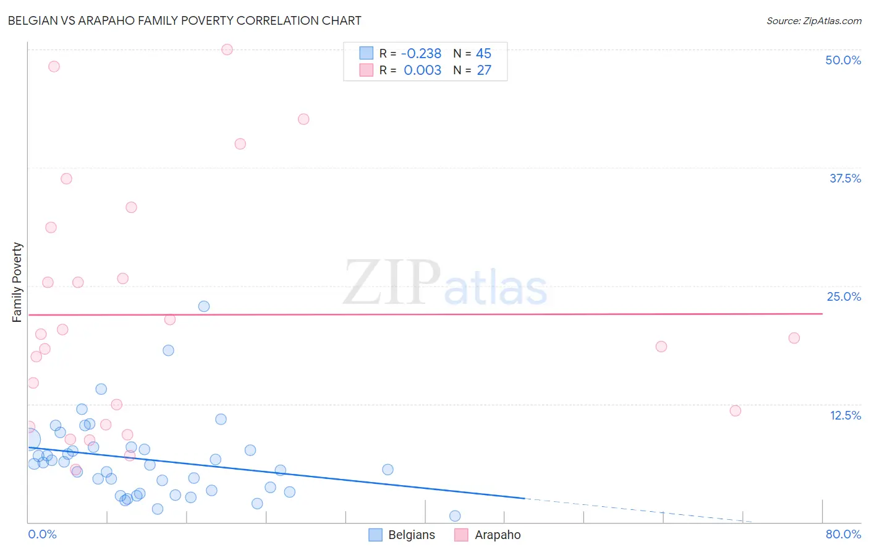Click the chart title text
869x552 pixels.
pos(184,20)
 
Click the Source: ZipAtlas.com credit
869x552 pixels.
pos(813,21)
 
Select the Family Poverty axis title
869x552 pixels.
pos(17,282)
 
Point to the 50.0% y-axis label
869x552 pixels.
pos(843,60)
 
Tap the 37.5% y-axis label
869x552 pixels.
pos(845,178)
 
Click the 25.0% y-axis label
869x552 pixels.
pos(844,296)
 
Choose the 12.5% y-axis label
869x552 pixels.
pos(845,415)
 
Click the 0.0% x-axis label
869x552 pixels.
pos(42,534)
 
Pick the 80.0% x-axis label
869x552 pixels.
pos(843,534)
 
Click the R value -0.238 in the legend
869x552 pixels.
pos(421,54)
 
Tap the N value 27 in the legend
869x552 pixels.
pos(484,71)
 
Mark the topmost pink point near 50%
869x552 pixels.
pos(227,50)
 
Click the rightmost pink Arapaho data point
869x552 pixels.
pos(794,338)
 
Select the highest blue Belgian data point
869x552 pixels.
pos(204,306)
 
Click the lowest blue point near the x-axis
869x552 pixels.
pos(455,516)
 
